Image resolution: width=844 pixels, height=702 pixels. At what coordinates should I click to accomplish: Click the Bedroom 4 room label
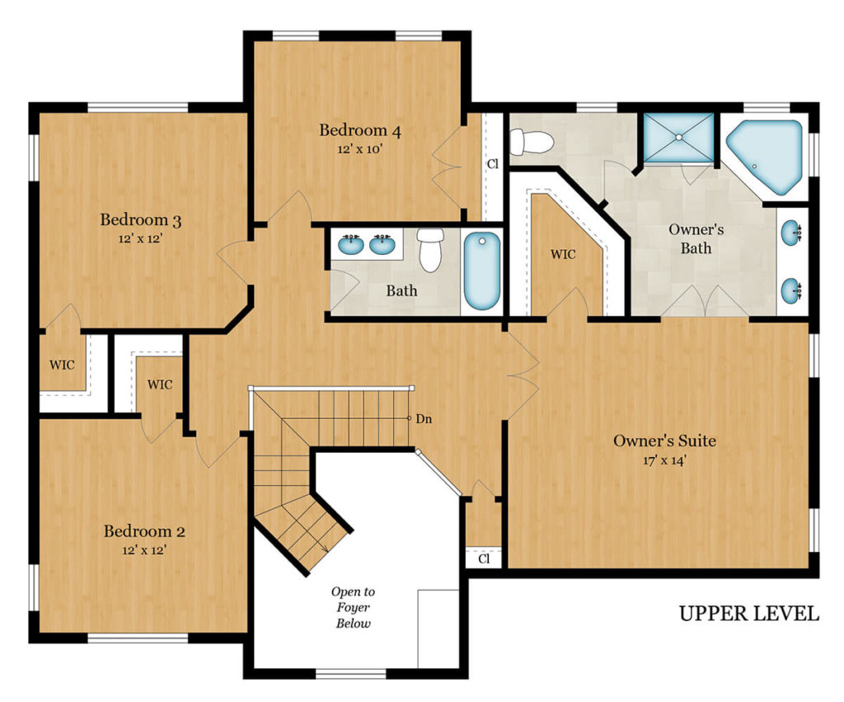359,130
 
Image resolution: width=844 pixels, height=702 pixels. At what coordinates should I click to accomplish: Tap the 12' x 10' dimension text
359,149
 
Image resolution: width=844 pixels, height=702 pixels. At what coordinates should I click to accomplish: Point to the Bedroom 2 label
144,530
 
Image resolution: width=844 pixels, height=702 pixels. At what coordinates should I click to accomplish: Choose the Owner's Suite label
664,441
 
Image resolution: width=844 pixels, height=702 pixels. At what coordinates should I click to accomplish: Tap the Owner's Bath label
696,238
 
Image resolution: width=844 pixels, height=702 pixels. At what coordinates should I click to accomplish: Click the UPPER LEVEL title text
748,614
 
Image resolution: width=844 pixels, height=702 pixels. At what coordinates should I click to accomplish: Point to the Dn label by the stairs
424,419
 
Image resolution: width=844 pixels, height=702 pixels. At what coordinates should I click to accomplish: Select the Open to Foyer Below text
354,607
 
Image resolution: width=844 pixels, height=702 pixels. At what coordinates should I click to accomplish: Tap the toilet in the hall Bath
431,250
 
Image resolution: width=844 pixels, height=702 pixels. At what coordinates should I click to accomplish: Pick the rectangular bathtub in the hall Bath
481,271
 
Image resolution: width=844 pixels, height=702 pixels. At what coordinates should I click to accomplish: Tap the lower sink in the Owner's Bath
792,290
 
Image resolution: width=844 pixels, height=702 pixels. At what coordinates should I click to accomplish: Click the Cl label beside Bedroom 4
493,163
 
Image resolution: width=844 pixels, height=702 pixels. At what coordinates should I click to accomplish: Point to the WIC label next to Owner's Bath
563,254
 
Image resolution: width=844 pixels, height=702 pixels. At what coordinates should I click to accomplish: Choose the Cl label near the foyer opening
483,558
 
